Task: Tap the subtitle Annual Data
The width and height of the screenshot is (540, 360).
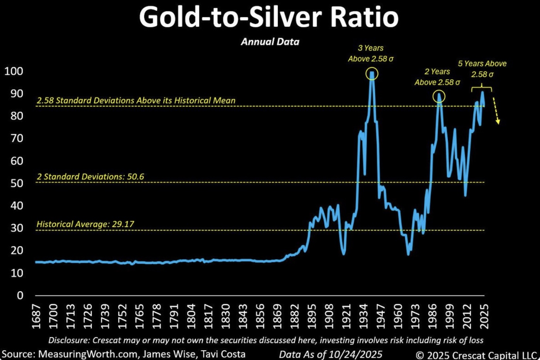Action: (x=270, y=42)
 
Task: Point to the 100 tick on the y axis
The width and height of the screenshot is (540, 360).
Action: (x=14, y=71)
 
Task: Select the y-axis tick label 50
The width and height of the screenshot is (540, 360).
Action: (x=17, y=183)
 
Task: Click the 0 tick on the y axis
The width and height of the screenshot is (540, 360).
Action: (x=20, y=295)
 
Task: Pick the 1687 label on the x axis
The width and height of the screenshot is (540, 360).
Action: (x=36, y=316)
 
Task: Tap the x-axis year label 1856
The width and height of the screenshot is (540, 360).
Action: (x=260, y=316)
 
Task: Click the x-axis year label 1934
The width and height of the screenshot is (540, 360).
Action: (x=364, y=316)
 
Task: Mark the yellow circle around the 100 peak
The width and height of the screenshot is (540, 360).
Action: (x=372, y=74)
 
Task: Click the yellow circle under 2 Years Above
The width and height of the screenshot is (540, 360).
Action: (x=439, y=97)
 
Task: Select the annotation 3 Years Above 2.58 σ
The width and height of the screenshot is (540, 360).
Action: (x=371, y=53)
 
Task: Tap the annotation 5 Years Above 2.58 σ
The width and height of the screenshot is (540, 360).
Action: (x=482, y=69)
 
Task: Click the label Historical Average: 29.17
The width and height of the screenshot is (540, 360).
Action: (x=85, y=224)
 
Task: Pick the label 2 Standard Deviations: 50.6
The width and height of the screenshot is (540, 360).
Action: (x=90, y=177)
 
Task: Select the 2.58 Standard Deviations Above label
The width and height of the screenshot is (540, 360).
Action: (x=136, y=100)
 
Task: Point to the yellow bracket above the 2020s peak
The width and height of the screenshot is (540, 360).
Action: (x=481, y=89)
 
